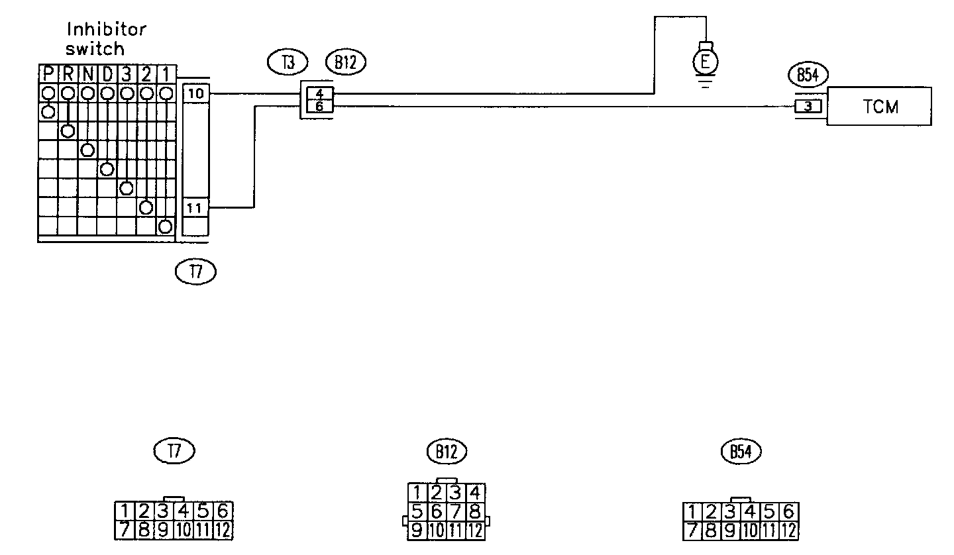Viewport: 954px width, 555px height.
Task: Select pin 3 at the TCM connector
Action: tap(808, 106)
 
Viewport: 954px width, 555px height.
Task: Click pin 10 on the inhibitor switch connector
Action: tap(196, 93)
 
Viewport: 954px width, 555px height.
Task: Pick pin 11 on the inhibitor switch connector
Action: tap(195, 208)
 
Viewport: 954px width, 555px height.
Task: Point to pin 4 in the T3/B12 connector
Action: tap(320, 93)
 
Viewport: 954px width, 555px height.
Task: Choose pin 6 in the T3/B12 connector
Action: tap(320, 106)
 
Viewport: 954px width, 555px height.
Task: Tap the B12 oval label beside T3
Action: tap(345, 63)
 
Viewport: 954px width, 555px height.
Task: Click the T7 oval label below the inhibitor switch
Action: tap(195, 271)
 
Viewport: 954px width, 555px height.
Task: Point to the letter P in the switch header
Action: tap(48, 74)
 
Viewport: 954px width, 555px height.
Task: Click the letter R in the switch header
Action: tap(68, 74)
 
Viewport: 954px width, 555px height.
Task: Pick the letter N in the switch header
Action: tap(87, 74)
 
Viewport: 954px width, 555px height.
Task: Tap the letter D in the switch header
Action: tap(107, 74)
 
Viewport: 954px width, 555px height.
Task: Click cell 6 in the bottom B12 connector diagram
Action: tap(436, 511)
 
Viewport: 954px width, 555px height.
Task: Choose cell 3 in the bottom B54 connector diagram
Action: tap(730, 512)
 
